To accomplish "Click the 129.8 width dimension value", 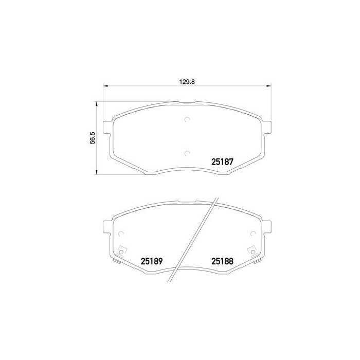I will click(x=186, y=81).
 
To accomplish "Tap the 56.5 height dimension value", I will click(x=93, y=139).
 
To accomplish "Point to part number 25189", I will click(x=151, y=261).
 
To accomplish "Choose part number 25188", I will click(x=223, y=261).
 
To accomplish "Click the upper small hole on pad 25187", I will click(x=187, y=120).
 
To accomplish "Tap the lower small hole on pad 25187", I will click(x=187, y=153).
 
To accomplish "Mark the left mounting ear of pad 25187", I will click(x=107, y=127).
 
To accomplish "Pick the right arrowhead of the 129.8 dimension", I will click(x=268, y=86).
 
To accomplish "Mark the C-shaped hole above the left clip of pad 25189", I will click(x=121, y=234).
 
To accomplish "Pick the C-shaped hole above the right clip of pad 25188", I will click(x=253, y=234).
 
